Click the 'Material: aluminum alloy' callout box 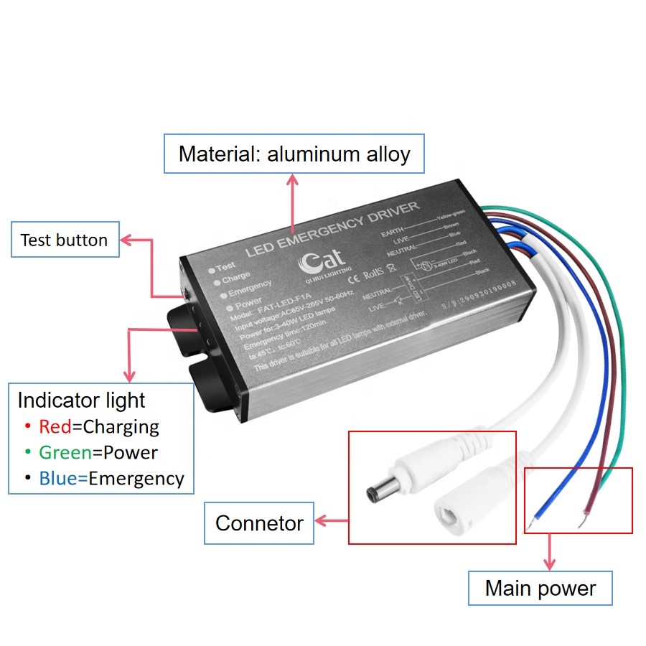point(294,154)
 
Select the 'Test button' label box point(64,240)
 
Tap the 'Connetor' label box point(259,523)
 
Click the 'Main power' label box point(540,589)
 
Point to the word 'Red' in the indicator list point(55,427)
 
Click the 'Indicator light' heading point(81,401)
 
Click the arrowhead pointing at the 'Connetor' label point(322,522)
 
